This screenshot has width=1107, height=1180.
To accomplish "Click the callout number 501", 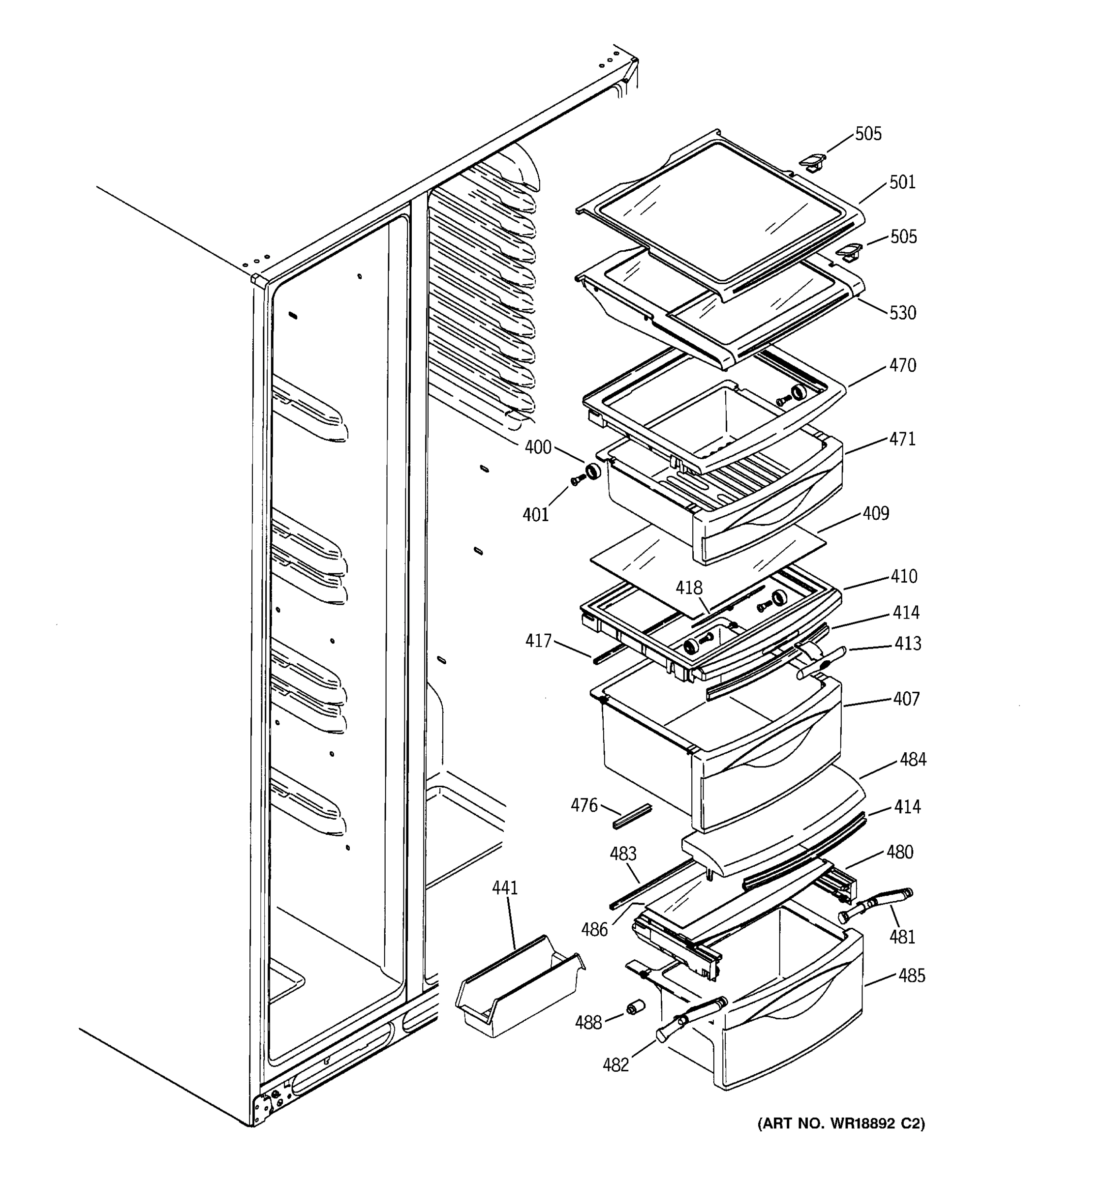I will pos(902,182).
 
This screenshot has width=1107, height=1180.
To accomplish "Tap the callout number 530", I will pos(902,313).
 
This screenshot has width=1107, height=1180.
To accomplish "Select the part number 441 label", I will pos(505,888).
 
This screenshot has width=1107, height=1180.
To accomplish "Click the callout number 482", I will pos(615,1065).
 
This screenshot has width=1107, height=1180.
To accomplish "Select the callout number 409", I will pos(875,513).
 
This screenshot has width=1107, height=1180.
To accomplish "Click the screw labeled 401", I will pos(576,481).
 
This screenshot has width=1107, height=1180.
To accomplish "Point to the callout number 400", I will pos(538,447).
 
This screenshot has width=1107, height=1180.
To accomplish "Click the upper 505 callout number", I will pos(868,134).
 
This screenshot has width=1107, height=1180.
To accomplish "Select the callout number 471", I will pos(902,439).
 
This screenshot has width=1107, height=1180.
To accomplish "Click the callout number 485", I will pos(912,976).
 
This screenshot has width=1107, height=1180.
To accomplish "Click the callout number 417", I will pos(538,641).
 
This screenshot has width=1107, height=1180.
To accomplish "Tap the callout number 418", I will pos(689,588).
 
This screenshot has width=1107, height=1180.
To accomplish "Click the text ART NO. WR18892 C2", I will pos(841,1123).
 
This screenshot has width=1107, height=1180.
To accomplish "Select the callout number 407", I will pos(906,699).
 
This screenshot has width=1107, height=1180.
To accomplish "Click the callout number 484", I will pos(913,760).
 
